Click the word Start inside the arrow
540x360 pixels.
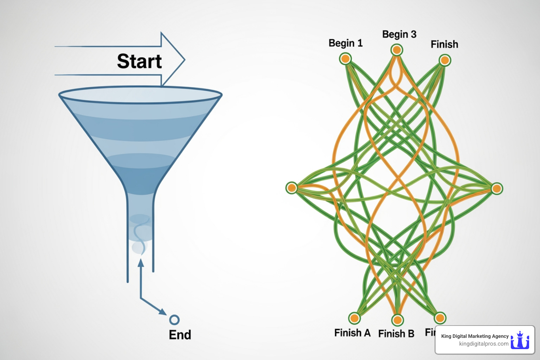(x=139, y=61)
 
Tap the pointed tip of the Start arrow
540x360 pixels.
(x=184, y=60)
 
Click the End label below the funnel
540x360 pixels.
(x=180, y=334)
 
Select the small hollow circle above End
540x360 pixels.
(x=174, y=320)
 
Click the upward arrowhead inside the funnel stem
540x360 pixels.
(x=141, y=263)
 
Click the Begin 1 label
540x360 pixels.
(x=345, y=43)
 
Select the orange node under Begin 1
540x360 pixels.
(x=345, y=58)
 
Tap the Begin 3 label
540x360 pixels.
(x=399, y=34)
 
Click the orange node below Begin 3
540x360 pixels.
(x=397, y=50)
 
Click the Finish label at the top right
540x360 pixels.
(x=444, y=44)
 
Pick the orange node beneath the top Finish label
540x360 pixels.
(x=445, y=60)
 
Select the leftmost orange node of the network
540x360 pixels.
(x=291, y=188)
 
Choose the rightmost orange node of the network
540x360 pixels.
(x=496, y=188)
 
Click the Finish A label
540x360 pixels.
(x=352, y=333)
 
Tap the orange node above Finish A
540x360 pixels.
(x=354, y=318)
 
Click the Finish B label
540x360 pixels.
(x=396, y=333)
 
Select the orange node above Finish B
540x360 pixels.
(x=397, y=320)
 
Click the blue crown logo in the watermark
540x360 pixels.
(x=520, y=340)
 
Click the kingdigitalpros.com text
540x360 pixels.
(x=483, y=344)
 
